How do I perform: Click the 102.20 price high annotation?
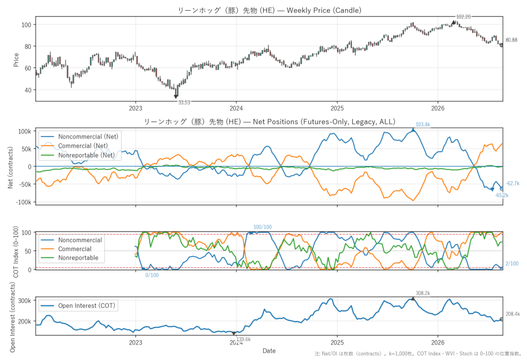(463, 17)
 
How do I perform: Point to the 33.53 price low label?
(184, 102)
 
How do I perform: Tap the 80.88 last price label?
(511, 40)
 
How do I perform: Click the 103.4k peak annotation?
(423, 125)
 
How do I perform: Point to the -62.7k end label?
(513, 183)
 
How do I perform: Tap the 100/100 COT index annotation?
(262, 227)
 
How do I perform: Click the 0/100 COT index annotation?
(152, 275)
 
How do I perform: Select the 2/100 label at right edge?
(512, 264)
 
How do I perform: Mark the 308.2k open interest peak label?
(423, 294)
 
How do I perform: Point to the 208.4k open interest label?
(513, 314)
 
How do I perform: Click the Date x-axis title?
(269, 351)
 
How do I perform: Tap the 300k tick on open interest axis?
(25, 300)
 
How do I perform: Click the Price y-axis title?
(16, 60)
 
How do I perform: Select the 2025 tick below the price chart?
(337, 108)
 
